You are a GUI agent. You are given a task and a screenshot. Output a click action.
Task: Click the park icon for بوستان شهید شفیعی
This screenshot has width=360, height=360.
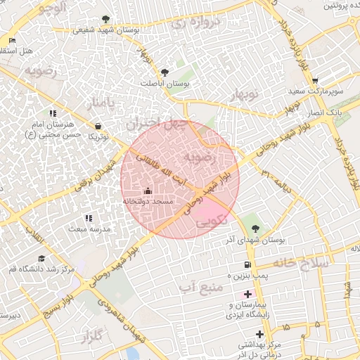[x=106, y=19]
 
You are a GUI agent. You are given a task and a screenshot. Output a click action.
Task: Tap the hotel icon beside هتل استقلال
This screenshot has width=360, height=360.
[x=13, y=40]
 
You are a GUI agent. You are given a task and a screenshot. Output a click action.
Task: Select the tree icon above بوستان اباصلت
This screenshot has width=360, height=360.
[x=165, y=72]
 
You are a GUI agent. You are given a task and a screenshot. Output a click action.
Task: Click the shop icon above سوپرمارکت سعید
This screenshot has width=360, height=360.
[x=314, y=81]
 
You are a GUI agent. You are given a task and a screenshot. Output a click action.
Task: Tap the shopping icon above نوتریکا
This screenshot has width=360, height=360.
[x=97, y=126]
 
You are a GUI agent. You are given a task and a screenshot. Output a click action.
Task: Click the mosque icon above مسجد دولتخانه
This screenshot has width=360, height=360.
[x=147, y=191]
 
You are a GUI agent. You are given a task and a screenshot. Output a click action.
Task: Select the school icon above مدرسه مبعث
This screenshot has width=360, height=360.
[x=88, y=219]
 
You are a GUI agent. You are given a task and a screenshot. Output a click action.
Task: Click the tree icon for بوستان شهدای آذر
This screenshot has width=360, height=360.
[x=255, y=228]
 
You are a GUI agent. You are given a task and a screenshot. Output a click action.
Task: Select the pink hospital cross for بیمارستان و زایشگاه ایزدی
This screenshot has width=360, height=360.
[x=247, y=293]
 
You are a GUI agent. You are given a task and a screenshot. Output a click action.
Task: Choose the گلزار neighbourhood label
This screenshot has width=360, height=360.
[x=87, y=335]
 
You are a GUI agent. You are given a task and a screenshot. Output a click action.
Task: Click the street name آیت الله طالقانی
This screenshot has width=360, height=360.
[x=157, y=164]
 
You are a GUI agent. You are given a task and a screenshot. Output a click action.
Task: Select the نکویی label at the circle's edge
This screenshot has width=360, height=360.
[x=209, y=221]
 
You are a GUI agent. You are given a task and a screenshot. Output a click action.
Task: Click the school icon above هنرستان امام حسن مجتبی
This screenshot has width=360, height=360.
[x=53, y=113]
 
